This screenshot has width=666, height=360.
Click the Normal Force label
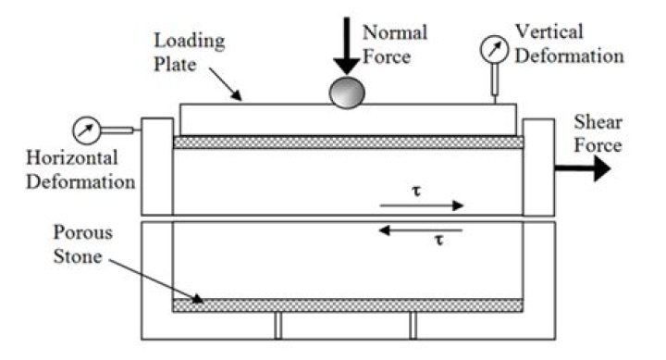394,43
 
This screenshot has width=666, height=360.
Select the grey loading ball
348,92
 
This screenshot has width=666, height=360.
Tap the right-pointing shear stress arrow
421,205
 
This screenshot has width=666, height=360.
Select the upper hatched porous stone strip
348,143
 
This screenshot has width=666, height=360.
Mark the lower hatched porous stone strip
348,304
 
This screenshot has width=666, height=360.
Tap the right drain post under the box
413,325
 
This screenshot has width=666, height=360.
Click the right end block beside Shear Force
538,167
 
